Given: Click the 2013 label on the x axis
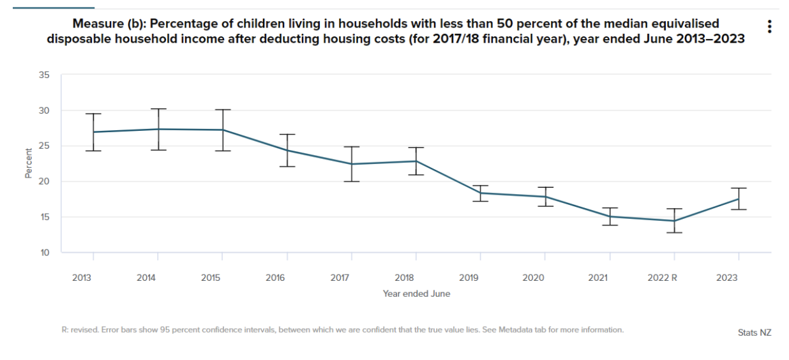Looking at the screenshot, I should point(82,278).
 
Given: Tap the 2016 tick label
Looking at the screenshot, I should point(275,278).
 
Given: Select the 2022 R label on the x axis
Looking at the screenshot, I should point(662,278).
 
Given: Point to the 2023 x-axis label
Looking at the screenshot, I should point(727,278).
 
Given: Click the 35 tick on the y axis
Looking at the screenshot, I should point(44,75).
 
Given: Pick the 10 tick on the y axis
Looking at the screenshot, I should point(44,253).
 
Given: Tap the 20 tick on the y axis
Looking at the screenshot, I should point(44,182).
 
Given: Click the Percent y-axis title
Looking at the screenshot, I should point(29,163).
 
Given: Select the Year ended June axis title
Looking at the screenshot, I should point(416,294).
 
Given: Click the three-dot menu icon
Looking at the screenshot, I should point(770,26).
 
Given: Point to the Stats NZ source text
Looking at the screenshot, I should point(754,333).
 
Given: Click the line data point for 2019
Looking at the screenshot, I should point(481,193).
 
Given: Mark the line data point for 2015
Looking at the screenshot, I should point(222,130).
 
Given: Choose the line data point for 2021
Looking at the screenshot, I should point(610,216).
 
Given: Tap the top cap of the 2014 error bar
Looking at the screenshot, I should point(158,109).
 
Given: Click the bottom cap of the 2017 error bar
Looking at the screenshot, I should point(352,181).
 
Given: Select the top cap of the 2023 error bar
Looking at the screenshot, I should point(739,188).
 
